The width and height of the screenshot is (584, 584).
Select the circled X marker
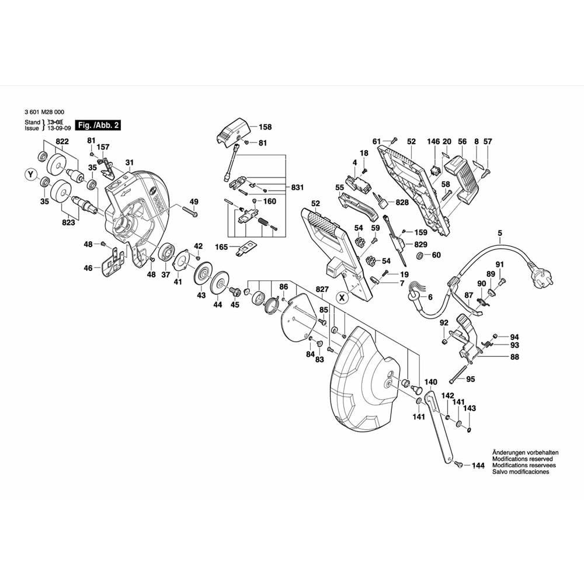(343, 297)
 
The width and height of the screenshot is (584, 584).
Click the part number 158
(265, 127)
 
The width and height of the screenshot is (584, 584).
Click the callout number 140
(430, 382)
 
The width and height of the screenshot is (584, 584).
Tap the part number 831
(298, 187)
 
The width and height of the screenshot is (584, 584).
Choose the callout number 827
(322, 289)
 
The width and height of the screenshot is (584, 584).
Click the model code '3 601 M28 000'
(46, 113)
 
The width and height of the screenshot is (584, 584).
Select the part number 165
(223, 248)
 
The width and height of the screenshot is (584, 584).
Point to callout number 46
(88, 268)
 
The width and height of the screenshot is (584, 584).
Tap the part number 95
(471, 379)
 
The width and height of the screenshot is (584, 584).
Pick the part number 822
(62, 141)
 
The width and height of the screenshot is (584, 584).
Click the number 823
(69, 223)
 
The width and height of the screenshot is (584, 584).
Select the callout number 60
(437, 255)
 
